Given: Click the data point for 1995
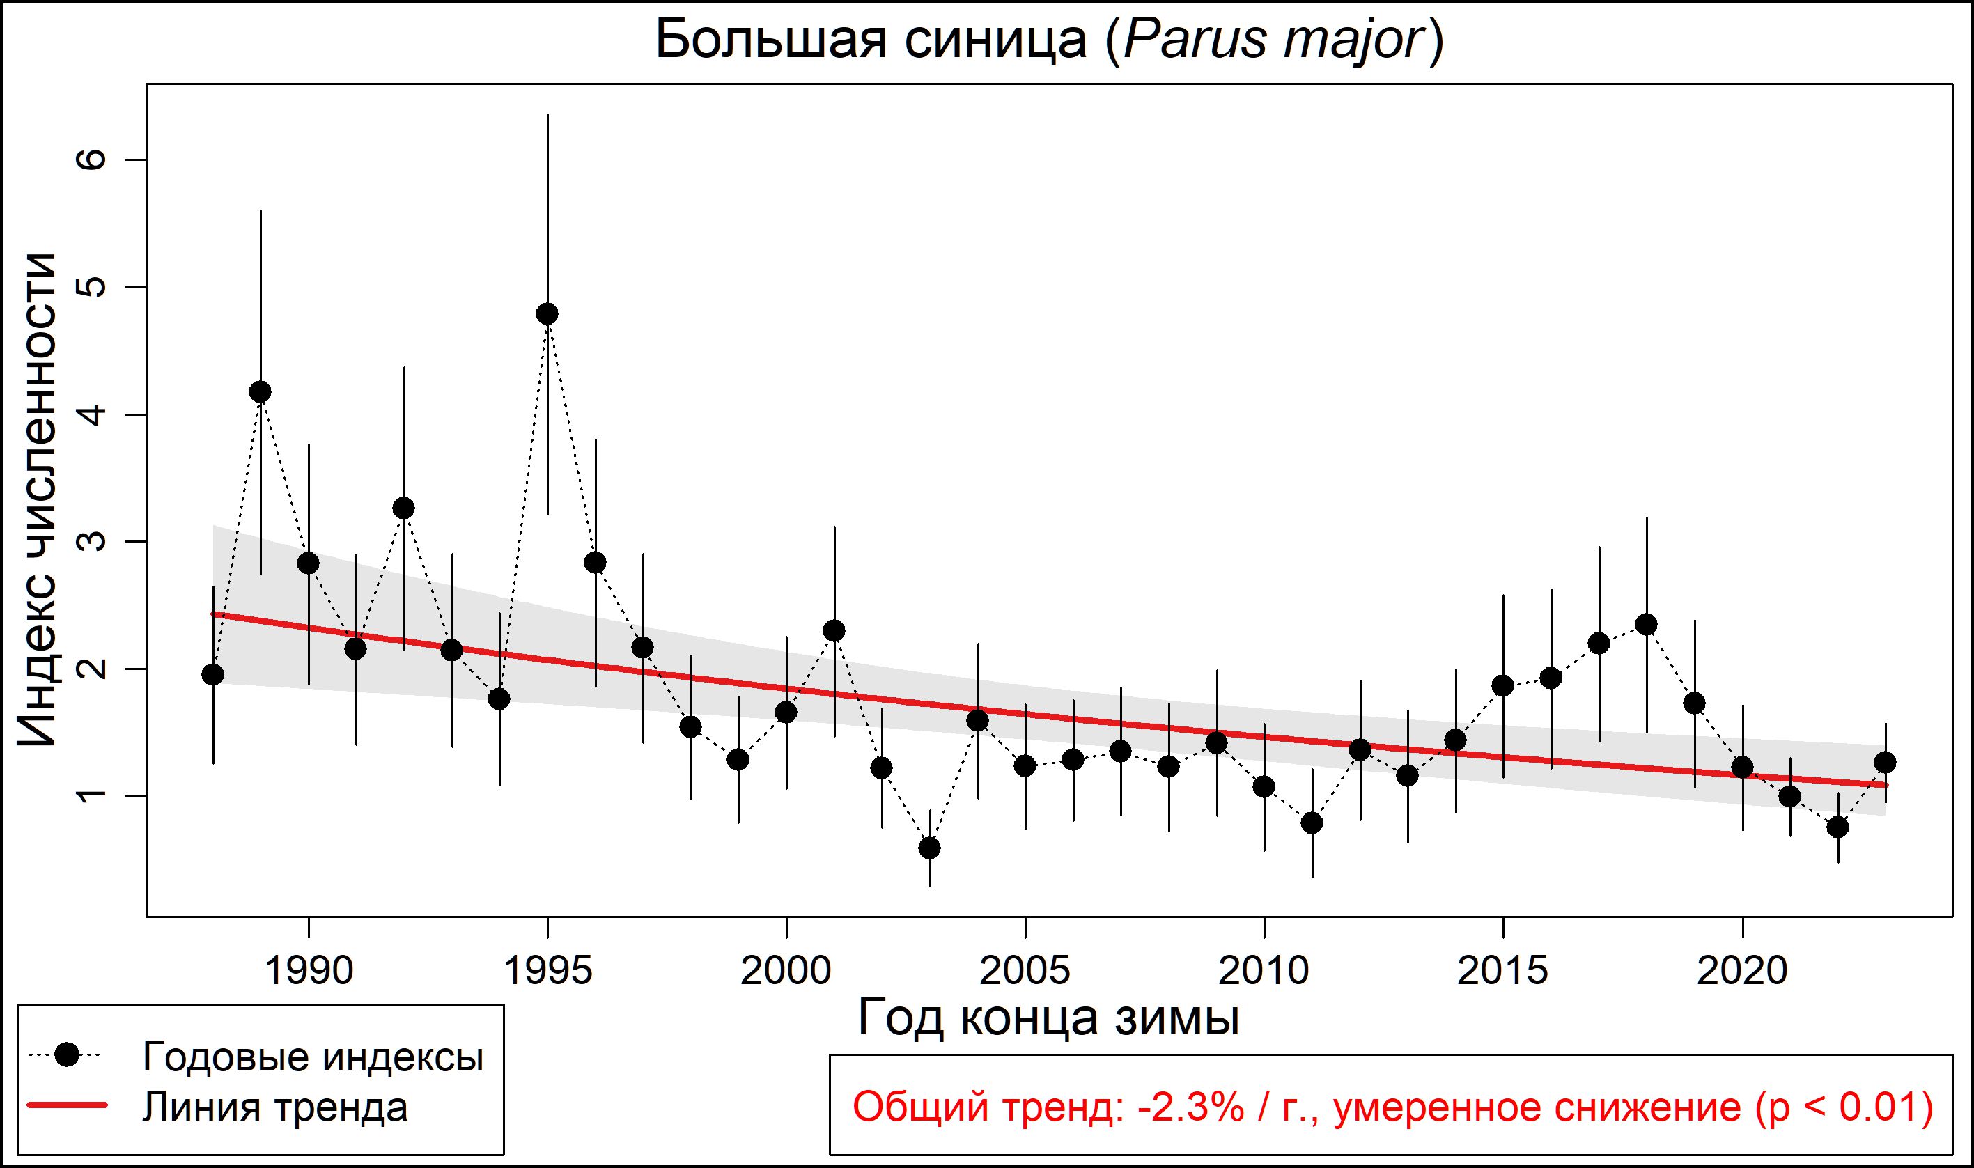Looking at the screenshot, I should coord(547,314).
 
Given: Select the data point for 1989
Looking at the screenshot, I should coord(260,392).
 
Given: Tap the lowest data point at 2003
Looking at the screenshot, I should coord(930,848).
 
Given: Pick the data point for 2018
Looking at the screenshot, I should coord(1646,625).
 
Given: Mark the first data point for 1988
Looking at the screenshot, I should coord(212,674).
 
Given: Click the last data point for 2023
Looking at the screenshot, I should coord(1885,762).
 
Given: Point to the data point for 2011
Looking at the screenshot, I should coord(1312,823).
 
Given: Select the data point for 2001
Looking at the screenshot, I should coord(834,630).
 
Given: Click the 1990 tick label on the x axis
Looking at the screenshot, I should coord(309,971).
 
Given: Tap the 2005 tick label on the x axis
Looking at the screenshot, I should coord(1025,971).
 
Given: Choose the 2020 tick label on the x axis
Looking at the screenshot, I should coord(1742,971).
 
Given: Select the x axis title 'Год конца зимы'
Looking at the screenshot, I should coord(1048,1018).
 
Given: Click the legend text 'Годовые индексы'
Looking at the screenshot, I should coord(313,1057).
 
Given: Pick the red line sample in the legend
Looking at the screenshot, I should coord(67,1107).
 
